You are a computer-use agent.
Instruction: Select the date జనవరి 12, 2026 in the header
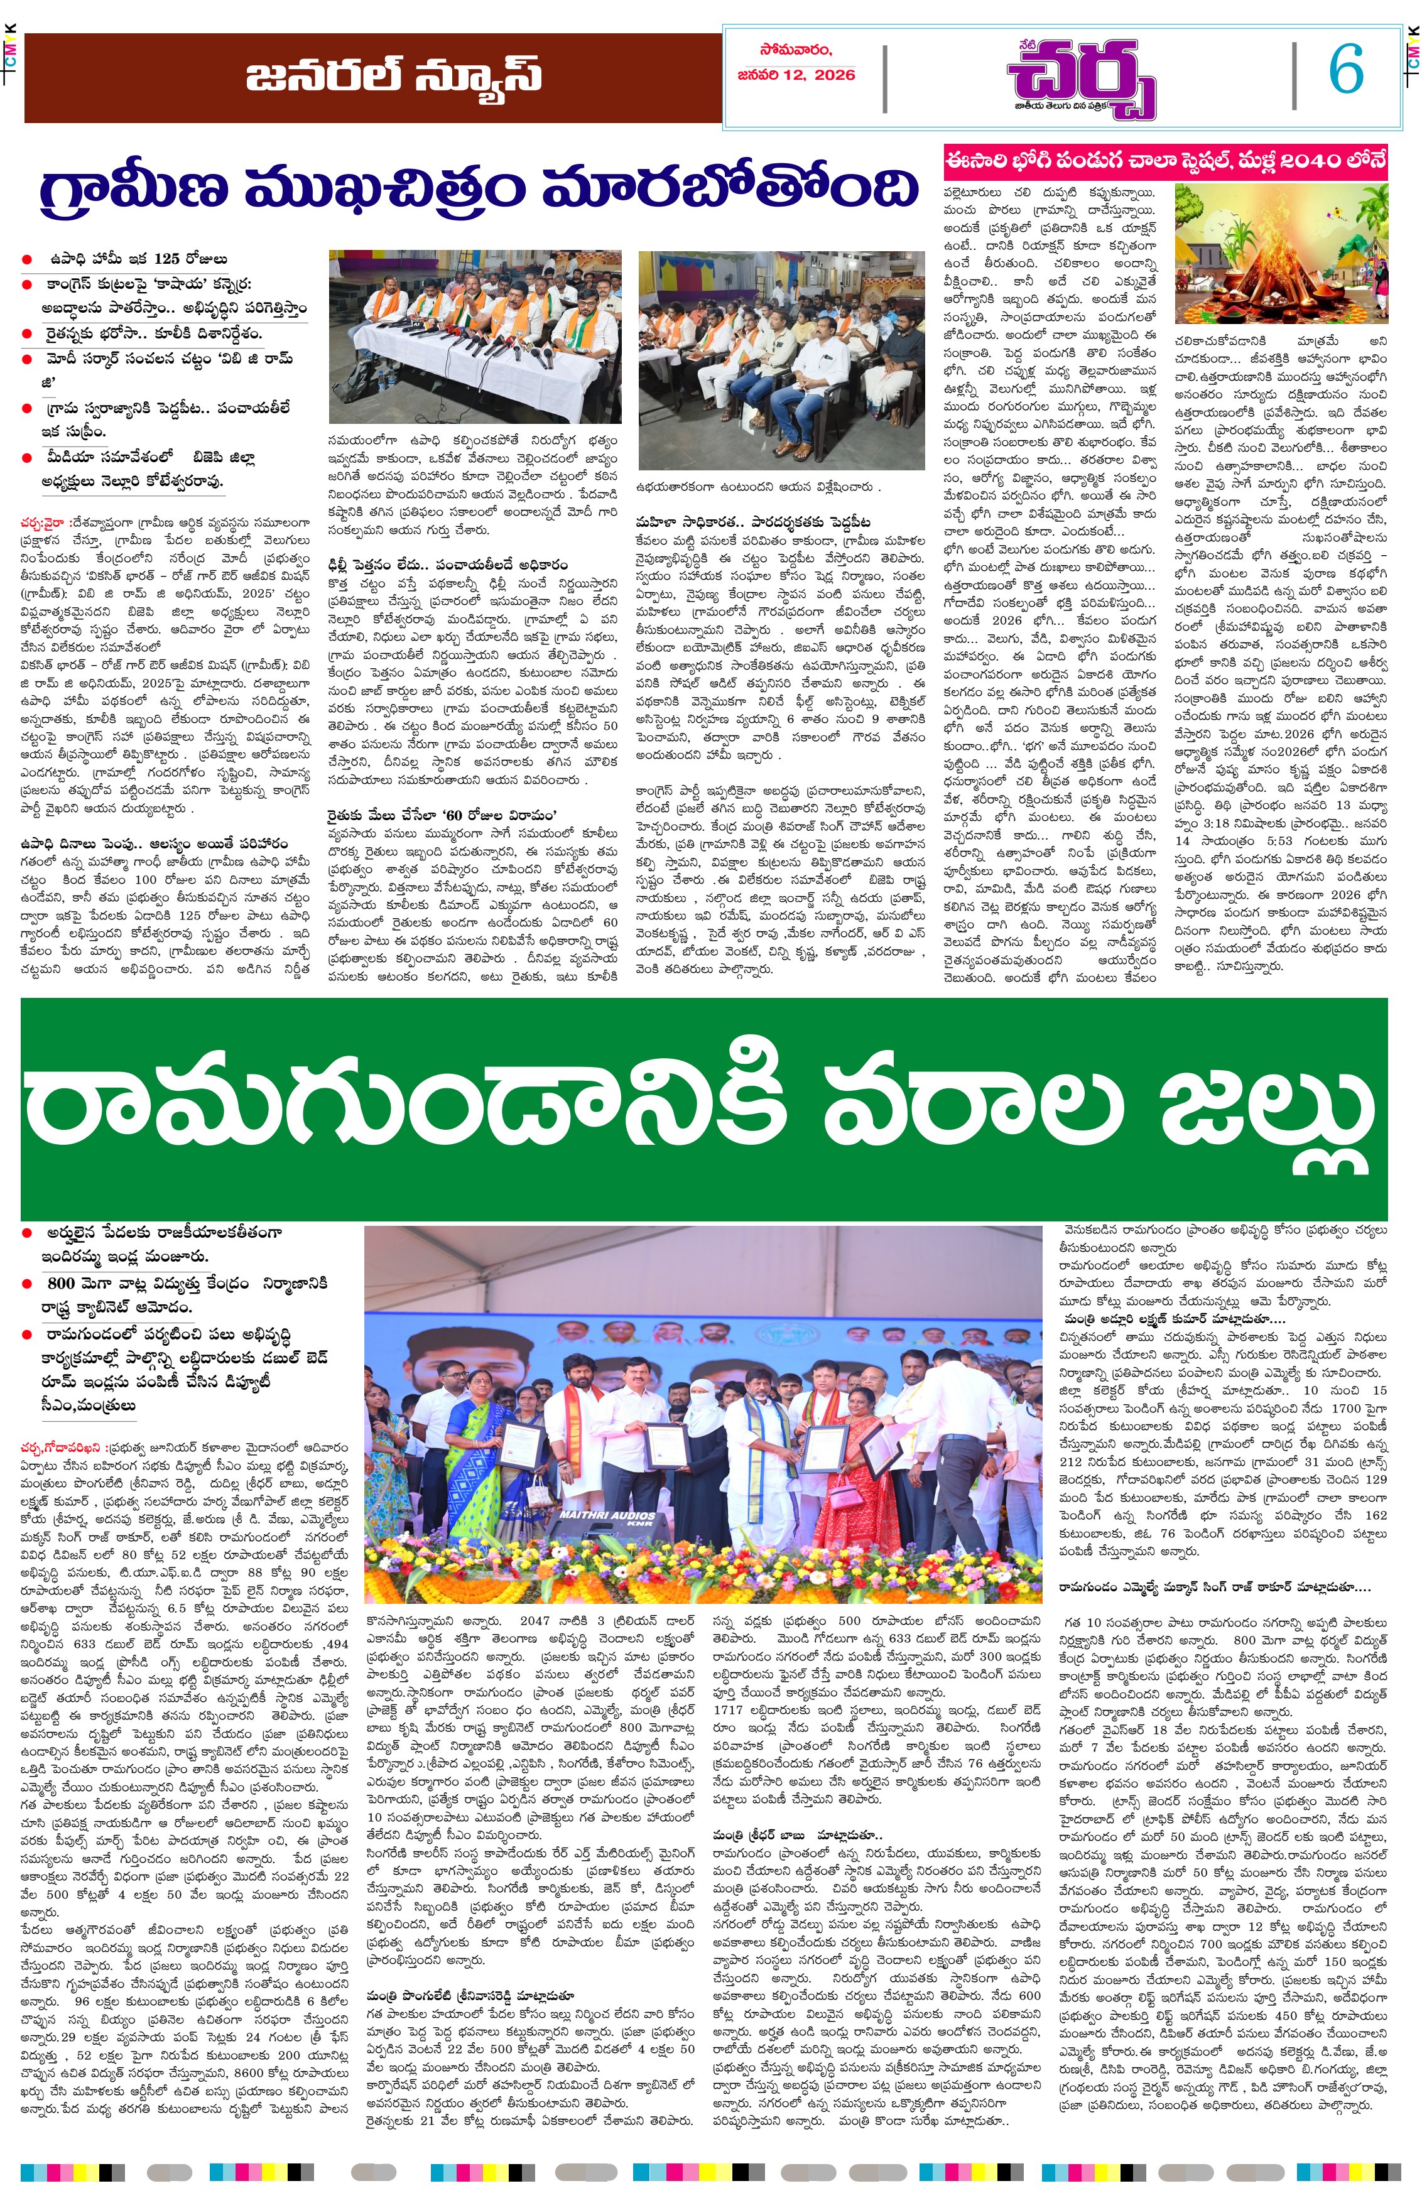(x=796, y=75)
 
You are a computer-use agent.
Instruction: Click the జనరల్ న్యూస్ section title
(x=393, y=76)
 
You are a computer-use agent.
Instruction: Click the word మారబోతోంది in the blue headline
(x=729, y=188)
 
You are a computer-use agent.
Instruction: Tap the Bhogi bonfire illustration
(x=1280, y=251)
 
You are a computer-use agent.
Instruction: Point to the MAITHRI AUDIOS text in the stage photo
(x=607, y=1516)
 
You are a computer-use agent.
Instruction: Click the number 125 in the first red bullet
(x=166, y=259)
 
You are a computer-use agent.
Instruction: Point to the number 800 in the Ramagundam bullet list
(x=61, y=1284)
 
